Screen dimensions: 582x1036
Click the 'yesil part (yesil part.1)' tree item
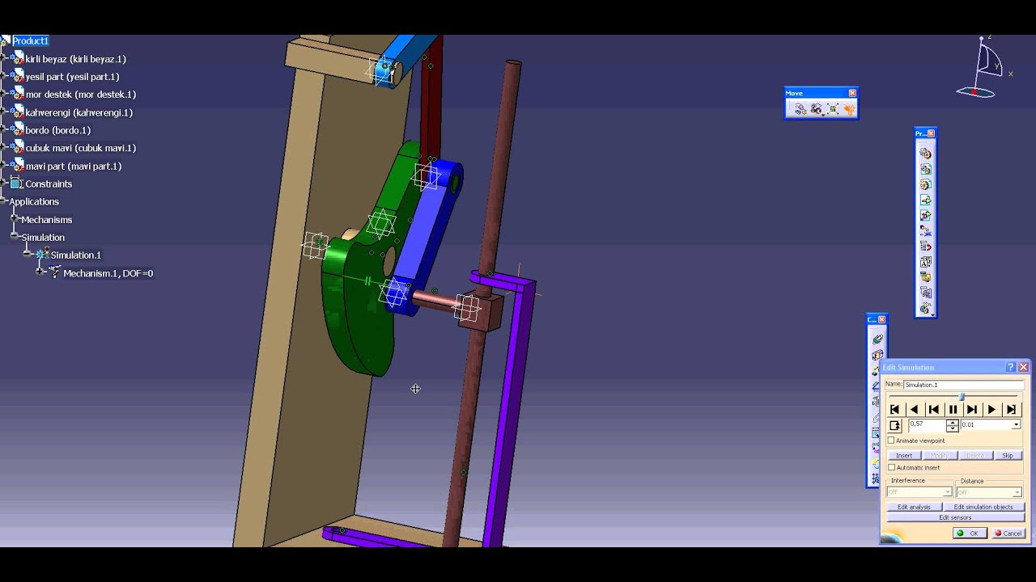[72, 77]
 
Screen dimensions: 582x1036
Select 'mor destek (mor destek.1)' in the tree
[80, 95]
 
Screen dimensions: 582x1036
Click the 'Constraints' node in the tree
[49, 183]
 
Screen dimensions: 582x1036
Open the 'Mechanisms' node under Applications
[46, 219]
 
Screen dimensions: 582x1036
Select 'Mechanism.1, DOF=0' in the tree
[108, 273]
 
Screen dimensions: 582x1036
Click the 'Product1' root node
[30, 40]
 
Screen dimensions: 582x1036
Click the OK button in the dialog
[969, 533]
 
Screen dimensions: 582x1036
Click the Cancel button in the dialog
[1008, 533]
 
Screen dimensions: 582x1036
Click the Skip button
[1007, 455]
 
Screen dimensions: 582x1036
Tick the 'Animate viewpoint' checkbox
[892, 441]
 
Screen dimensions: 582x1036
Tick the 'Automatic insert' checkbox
[892, 467]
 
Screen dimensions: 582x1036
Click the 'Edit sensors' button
[955, 517]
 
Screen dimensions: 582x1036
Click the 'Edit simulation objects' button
[983, 507]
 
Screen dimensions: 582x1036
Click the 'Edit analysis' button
[914, 507]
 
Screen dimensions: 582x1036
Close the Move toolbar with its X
[851, 93]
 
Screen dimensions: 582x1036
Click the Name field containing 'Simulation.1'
[962, 385]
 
